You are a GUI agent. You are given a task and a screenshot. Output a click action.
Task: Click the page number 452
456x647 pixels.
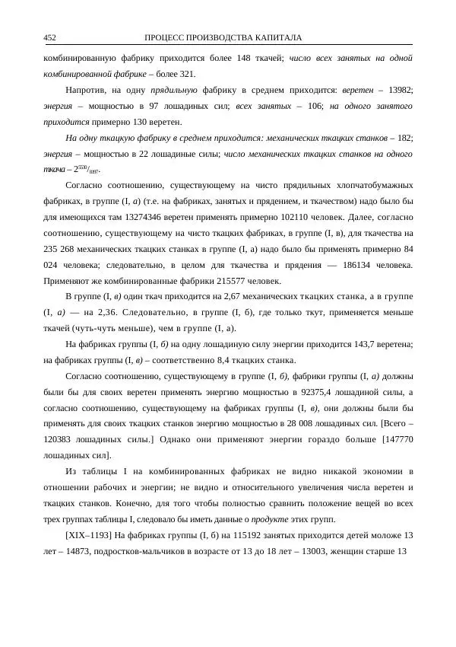(49, 37)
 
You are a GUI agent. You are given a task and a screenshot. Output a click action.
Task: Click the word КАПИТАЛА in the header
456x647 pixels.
(278, 37)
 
